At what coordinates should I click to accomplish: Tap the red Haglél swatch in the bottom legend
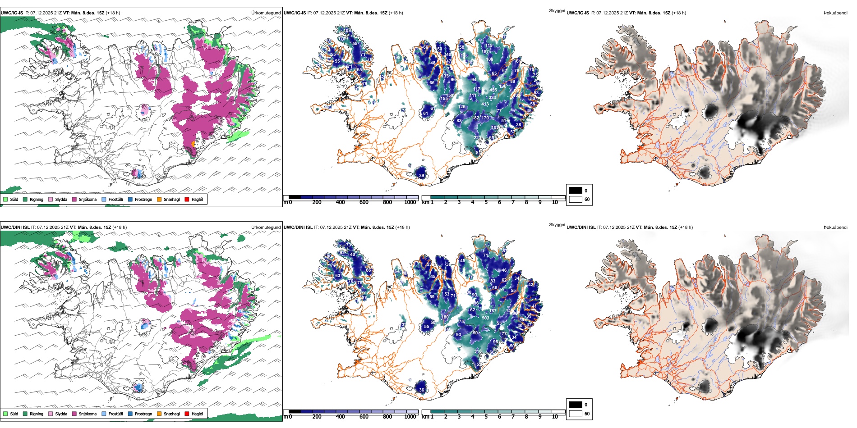pos(187,414)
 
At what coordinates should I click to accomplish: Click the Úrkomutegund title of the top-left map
pos(266,13)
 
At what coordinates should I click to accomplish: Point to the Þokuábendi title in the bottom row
pos(835,227)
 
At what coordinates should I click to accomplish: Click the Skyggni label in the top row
pos(557,10)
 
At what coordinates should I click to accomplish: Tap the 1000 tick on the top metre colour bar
pos(410,202)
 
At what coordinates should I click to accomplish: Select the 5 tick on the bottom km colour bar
pos(486,417)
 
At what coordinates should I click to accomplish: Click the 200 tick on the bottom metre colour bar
pos(317,417)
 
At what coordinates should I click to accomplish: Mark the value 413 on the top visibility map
pos(485,104)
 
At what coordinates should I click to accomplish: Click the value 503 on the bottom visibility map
pos(485,318)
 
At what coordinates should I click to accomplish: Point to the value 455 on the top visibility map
pos(493,90)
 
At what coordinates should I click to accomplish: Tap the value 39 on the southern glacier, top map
pos(422,176)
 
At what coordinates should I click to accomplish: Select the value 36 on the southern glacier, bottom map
pos(422,390)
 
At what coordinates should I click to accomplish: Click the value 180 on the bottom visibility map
pos(445,317)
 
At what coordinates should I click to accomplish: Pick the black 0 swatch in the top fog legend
pos(576,191)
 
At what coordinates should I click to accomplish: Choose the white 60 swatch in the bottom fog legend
pos(576,414)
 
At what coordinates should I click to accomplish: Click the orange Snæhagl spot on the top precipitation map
pos(193,144)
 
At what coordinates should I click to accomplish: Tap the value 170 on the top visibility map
pos(485,118)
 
